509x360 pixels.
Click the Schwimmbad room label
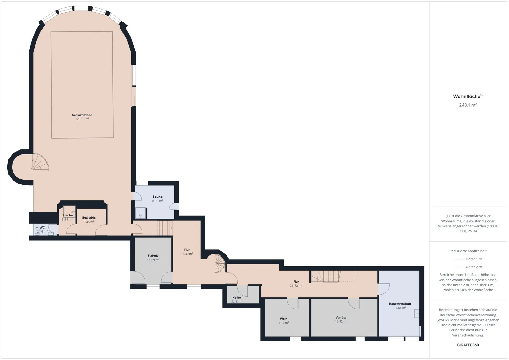click(82, 115)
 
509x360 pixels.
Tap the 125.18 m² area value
click(82, 119)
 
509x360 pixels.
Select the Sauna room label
click(157, 197)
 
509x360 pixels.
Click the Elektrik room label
click(153, 256)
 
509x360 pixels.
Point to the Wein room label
click(284, 319)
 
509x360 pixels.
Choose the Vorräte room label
click(341, 317)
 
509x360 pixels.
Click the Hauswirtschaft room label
click(400, 304)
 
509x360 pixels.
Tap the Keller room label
click(237, 297)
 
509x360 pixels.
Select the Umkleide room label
click(89, 218)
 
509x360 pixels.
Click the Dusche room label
click(67, 215)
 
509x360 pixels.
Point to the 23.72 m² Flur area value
click(296, 286)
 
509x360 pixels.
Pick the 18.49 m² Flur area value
click(187, 254)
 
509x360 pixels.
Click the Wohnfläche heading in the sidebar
click(467, 96)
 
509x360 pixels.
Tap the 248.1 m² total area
click(468, 105)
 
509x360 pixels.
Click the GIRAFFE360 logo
click(468, 345)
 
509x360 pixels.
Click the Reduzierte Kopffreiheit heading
click(468, 251)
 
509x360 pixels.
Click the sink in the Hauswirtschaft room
click(416, 314)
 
